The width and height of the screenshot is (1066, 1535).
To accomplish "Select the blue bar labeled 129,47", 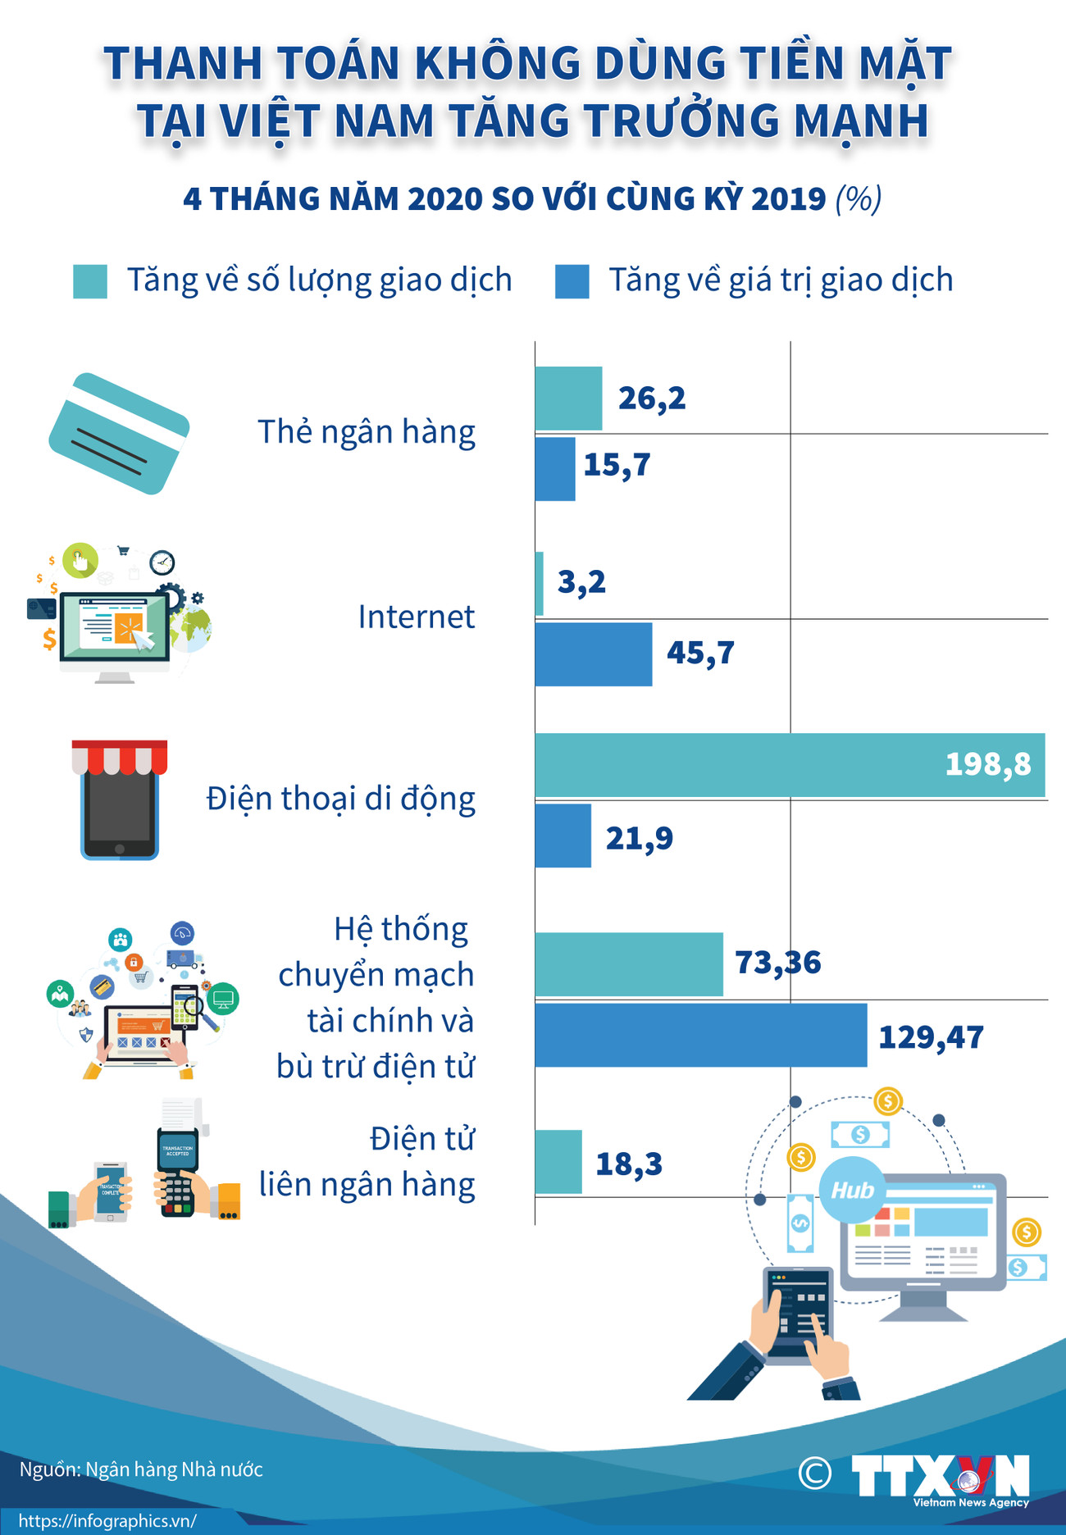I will click(x=700, y=1035).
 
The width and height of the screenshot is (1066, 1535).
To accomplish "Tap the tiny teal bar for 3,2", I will click(x=539, y=583).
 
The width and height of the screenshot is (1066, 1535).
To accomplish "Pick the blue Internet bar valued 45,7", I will click(x=593, y=654).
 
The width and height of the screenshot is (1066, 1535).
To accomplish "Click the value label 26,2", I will click(x=651, y=399).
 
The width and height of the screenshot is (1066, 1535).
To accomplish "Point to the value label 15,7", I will click(x=617, y=465).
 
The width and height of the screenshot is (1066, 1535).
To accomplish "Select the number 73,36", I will click(x=777, y=962).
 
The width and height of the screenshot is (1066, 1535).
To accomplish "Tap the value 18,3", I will click(x=628, y=1164).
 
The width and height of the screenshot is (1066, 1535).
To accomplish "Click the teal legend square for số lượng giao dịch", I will click(x=89, y=281).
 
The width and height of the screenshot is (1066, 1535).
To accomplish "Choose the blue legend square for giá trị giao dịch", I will click(x=572, y=281).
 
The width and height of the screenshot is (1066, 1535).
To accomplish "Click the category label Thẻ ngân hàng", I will click(x=366, y=432).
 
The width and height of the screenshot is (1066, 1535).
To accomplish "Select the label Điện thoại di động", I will click(x=340, y=799).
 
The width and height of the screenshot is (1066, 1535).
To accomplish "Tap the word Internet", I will click(x=416, y=617).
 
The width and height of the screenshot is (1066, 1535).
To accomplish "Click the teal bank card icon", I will click(x=119, y=433).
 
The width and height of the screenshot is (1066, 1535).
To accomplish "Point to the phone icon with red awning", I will click(x=119, y=799).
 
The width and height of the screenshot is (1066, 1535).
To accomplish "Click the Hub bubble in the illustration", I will click(x=852, y=1190).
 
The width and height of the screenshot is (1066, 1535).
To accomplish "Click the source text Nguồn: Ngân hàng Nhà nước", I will click(x=141, y=1469).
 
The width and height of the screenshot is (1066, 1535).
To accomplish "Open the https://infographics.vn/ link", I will click(x=107, y=1521).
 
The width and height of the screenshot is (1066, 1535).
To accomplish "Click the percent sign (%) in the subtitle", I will click(x=858, y=199).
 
